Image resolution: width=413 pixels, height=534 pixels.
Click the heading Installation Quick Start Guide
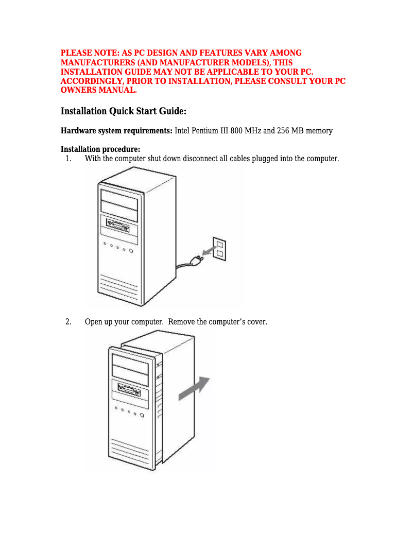(x=123, y=112)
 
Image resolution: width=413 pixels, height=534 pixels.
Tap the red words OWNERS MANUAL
(x=98, y=91)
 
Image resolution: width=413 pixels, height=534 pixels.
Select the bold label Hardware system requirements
(x=116, y=131)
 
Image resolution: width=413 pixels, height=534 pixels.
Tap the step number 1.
(x=68, y=158)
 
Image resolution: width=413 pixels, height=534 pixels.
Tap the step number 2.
(x=68, y=322)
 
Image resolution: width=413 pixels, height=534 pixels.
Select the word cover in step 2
(x=255, y=322)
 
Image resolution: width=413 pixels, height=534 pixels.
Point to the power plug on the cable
(x=196, y=261)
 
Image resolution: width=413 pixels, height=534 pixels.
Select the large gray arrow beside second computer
(x=194, y=389)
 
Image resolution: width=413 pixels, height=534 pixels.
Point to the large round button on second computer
(x=141, y=415)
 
